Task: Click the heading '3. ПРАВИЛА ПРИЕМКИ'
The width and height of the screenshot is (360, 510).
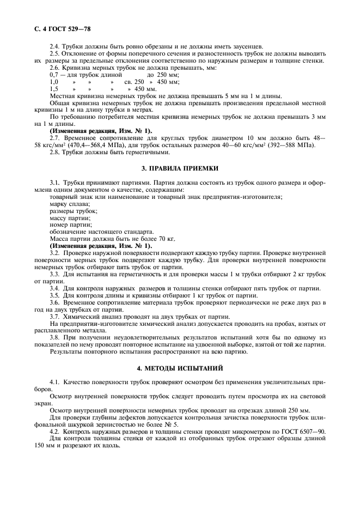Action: tap(180, 169)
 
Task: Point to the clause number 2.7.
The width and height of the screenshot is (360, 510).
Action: tap(55, 138)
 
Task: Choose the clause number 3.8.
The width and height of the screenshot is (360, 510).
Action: tap(55, 338)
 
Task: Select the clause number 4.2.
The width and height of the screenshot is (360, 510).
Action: tap(55, 430)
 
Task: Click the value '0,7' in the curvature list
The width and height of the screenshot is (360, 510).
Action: tap(54, 74)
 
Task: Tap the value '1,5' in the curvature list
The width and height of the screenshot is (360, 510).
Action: tap(54, 88)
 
